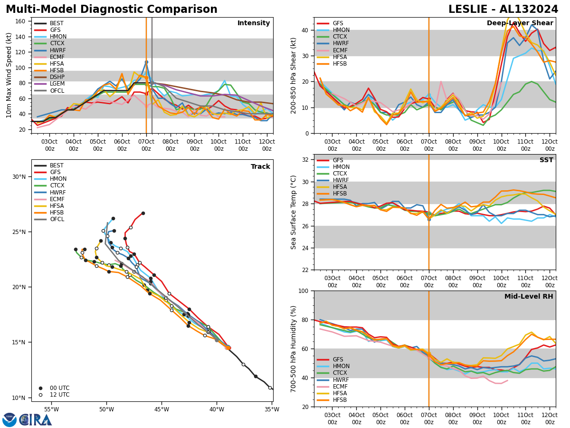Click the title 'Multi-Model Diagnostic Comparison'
tap(112, 10)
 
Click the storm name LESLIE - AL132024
tap(503, 10)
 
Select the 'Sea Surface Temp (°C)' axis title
tap(294, 212)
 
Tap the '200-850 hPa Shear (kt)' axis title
tap(294, 75)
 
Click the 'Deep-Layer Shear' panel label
tap(520, 23)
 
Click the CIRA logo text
tap(36, 420)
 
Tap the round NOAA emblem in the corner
tap(9, 420)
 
